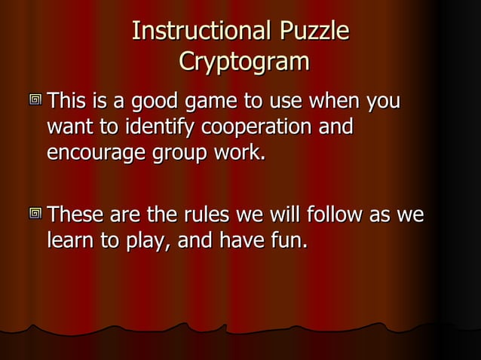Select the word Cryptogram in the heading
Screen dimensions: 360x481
pos(244,61)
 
